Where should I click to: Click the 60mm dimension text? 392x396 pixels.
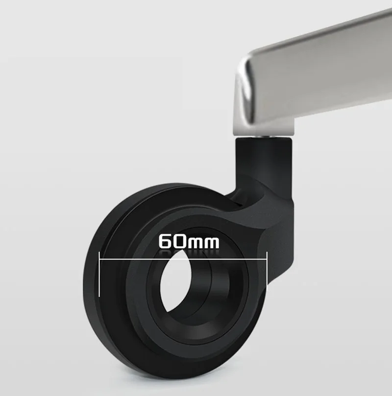point(189,241)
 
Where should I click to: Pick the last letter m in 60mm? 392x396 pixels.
point(212,243)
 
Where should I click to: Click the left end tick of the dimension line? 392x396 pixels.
point(99,274)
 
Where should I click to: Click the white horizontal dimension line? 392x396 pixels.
point(183,259)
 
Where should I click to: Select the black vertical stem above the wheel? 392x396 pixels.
point(264,162)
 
